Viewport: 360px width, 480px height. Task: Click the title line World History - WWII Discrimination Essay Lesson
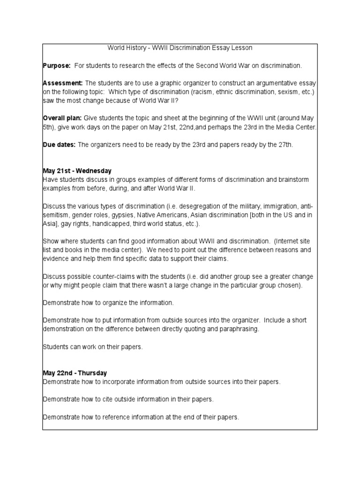[180, 48]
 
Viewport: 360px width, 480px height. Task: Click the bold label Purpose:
[57, 65]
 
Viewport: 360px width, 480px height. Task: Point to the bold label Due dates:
[59, 144]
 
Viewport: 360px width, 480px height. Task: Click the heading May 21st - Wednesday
[77, 171]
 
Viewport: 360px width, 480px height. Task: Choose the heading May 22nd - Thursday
[75, 373]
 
